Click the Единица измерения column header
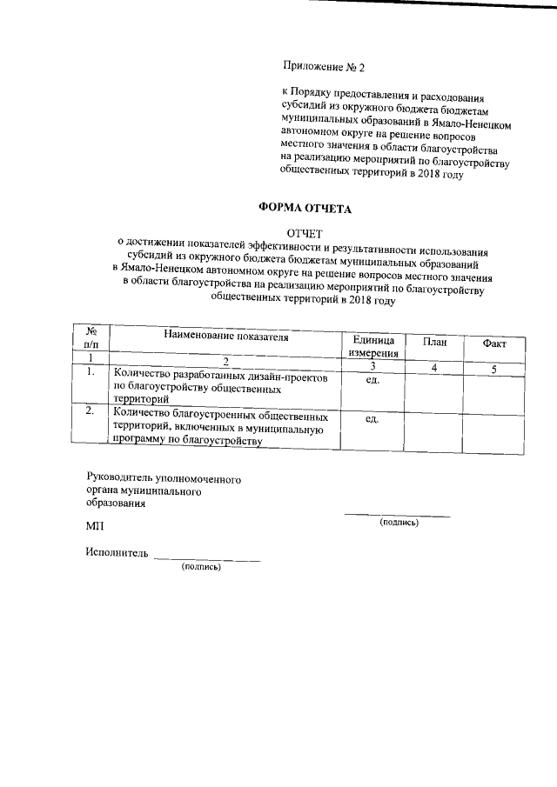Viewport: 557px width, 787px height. (x=374, y=346)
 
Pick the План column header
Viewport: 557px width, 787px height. (x=434, y=342)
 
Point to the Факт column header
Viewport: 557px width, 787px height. (x=493, y=343)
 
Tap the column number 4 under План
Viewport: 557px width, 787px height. (x=434, y=369)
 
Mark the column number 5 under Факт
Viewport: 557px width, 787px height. (x=493, y=370)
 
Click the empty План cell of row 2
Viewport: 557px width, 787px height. (x=434, y=430)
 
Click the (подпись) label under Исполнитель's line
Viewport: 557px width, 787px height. (x=201, y=567)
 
